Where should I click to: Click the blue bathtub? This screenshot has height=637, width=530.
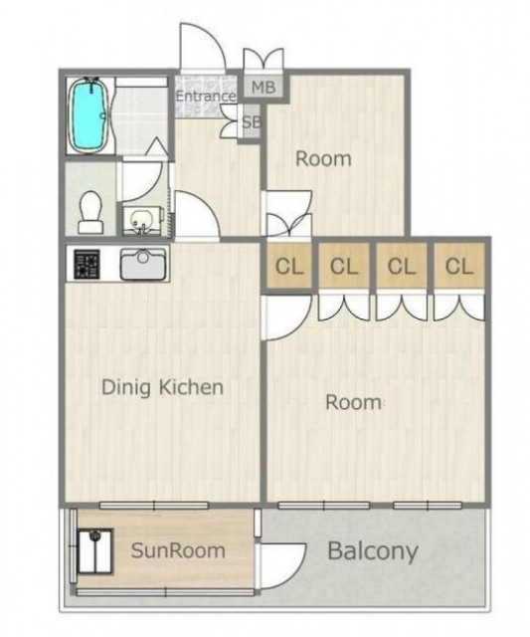(89, 114)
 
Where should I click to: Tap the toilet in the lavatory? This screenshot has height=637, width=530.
(90, 212)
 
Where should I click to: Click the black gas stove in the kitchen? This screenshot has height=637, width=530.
(87, 264)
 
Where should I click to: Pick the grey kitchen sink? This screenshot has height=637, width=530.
(143, 264)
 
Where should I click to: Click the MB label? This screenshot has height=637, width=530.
(264, 87)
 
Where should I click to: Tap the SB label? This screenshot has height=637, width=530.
(252, 121)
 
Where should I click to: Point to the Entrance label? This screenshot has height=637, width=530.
(206, 97)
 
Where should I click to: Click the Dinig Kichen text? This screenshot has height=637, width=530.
(162, 387)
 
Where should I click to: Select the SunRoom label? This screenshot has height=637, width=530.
(178, 550)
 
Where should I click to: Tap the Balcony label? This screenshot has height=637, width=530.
(373, 551)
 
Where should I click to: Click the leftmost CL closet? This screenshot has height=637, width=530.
(289, 266)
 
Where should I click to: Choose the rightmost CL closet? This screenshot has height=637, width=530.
(459, 266)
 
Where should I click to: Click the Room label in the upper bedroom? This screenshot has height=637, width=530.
(323, 158)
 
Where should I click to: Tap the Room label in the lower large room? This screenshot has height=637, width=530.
(353, 402)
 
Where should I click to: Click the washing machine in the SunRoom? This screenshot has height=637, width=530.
(94, 550)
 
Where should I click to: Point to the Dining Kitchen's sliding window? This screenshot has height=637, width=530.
(154, 506)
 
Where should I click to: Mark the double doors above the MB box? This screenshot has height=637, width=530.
(264, 60)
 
